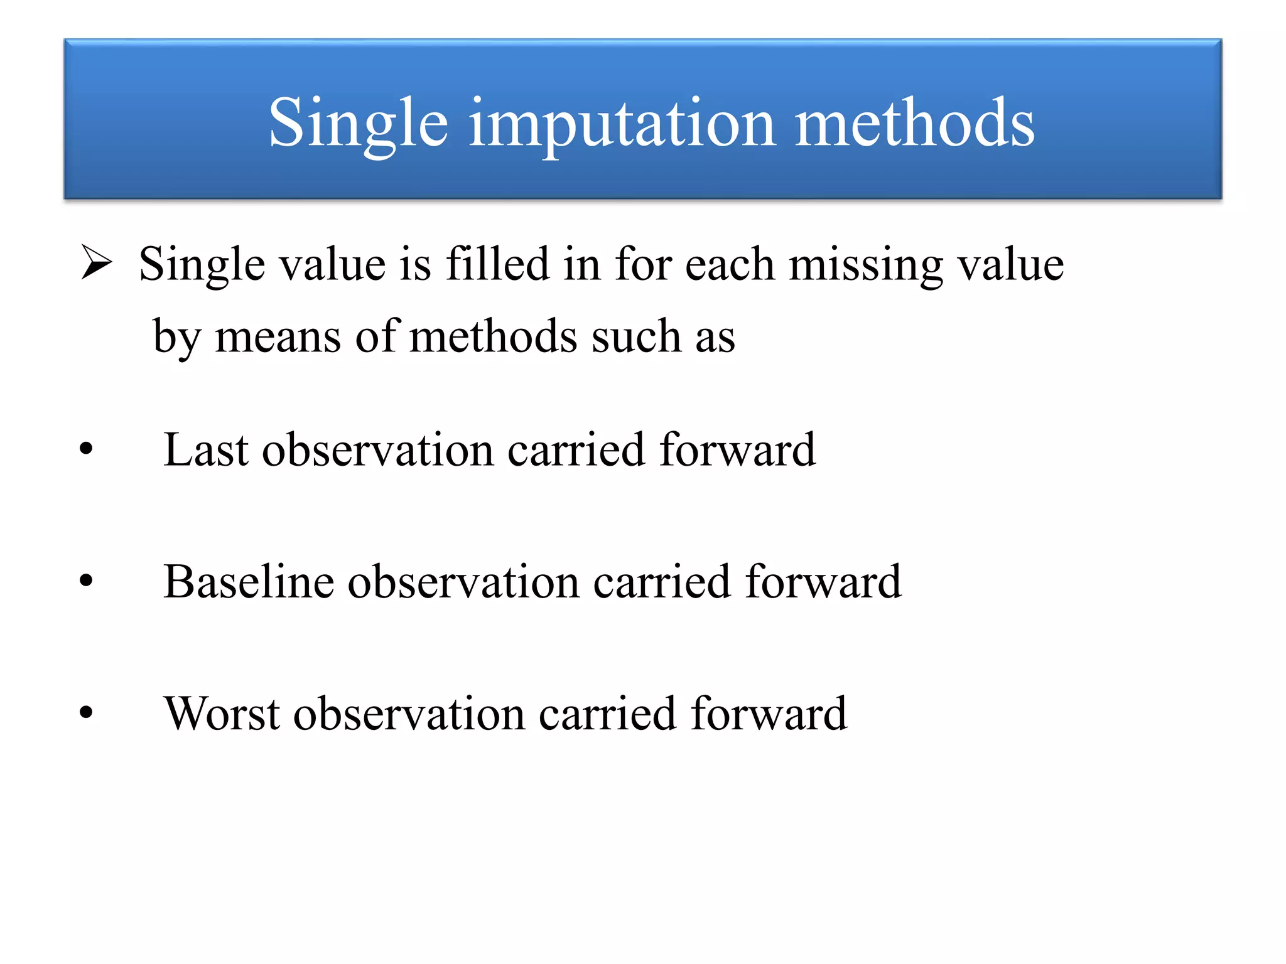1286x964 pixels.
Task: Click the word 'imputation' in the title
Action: (x=622, y=124)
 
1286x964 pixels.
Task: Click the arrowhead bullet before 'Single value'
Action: (x=97, y=263)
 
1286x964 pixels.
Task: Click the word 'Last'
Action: (x=206, y=450)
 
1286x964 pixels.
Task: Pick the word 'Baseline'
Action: (x=248, y=582)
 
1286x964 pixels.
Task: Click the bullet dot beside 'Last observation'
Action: (x=86, y=449)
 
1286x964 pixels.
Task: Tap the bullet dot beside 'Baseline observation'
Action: (x=86, y=581)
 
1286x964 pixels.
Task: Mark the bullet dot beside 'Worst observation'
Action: (x=86, y=713)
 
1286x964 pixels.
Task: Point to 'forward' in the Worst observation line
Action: (x=769, y=714)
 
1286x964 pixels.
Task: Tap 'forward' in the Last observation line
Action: (x=737, y=450)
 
